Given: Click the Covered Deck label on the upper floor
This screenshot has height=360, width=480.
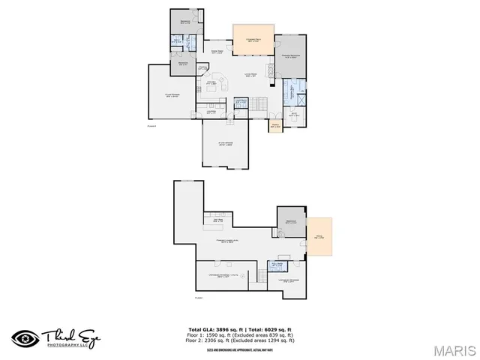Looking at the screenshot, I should pyautogui.click(x=253, y=39).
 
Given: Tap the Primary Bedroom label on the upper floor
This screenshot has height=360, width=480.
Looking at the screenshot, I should pyautogui.click(x=290, y=57).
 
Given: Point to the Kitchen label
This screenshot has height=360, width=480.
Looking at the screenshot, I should pyautogui.click(x=212, y=82).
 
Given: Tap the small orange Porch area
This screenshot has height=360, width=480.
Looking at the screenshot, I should pyautogui.click(x=275, y=125).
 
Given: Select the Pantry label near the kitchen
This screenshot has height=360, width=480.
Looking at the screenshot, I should pyautogui.click(x=202, y=68).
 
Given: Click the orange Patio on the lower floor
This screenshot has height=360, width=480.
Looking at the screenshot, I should pyautogui.click(x=319, y=237).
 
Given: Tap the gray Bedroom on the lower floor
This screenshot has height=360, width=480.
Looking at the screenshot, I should pyautogui.click(x=291, y=223).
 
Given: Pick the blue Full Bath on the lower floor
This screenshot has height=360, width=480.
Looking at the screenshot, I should pyautogui.click(x=276, y=265).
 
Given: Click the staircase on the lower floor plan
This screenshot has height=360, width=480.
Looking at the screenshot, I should pyautogui.click(x=259, y=275).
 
